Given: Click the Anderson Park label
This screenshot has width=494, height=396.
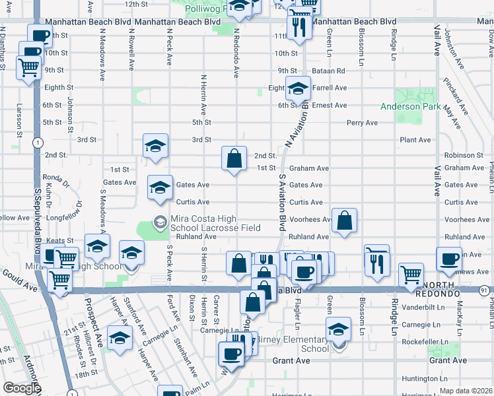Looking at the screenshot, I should pos(409,106).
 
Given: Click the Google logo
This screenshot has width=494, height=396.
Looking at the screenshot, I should pos(22,388).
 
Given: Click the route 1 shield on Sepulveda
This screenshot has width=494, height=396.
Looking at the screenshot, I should pos(39,143).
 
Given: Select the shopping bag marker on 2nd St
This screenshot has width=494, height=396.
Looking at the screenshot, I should pos(234,158).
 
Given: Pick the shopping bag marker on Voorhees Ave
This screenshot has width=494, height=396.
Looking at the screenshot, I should pos(344,221).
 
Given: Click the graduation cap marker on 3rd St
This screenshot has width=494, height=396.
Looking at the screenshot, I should pos(155,146).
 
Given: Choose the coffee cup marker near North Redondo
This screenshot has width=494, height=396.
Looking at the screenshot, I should pos(449,259).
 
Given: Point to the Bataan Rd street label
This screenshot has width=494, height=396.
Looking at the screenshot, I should pos(330,71).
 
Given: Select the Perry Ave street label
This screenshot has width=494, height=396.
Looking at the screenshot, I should pos(362,123).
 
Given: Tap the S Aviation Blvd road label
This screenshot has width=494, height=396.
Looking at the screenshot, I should pos(282,204).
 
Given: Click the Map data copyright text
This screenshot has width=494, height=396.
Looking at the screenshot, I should pos(465,391).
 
